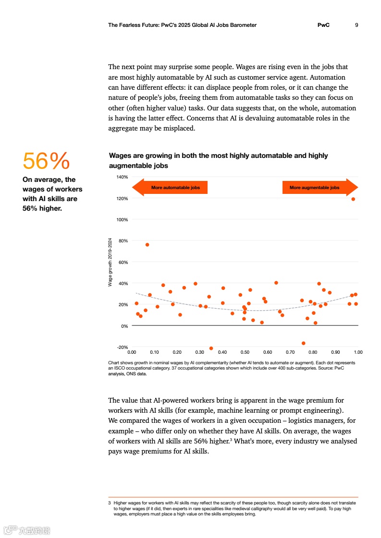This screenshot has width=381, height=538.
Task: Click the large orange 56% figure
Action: [46, 161]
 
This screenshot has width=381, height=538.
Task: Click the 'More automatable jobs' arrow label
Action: [175, 188]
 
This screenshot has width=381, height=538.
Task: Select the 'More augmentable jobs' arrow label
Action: [314, 188]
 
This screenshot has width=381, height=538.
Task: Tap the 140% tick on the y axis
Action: [122, 177]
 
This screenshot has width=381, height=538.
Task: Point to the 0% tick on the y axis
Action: [124, 326]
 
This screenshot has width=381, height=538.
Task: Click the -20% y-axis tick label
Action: [122, 347]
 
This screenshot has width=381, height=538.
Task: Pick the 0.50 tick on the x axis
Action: [245, 352]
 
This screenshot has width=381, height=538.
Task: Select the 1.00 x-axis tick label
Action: [358, 352]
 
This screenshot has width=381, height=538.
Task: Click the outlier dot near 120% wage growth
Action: [353, 199]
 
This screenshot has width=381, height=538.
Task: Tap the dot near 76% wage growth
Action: [147, 245]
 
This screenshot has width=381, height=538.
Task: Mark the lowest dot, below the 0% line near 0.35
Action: [211, 348]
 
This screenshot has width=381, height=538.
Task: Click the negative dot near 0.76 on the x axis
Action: [303, 343]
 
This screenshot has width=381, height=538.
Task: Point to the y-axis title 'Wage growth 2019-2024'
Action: [110, 263]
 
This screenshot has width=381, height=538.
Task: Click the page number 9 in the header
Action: [356, 25]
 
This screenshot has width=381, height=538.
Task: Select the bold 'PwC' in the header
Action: [323, 25]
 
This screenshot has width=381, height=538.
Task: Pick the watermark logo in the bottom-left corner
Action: [27, 530]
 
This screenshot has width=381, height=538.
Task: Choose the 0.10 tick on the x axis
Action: [154, 352]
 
